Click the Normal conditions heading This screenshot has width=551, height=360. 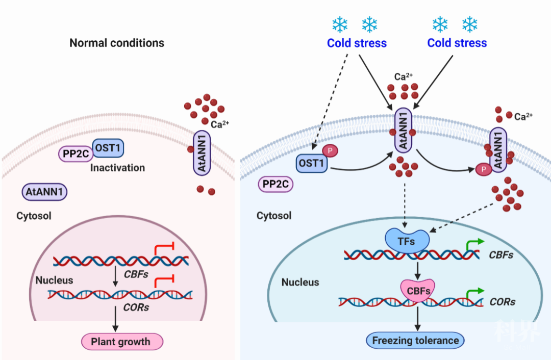coord(117,43)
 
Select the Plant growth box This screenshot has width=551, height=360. coord(120,342)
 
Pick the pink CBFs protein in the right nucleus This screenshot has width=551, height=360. coord(418,291)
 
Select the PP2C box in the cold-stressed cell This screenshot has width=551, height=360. coord(276,184)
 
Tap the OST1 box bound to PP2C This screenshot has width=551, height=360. coord(108,148)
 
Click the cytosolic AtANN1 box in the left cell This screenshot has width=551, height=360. coord(45,192)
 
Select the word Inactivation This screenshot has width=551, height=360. coord(117,168)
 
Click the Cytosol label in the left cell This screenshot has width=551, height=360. coord(34,216)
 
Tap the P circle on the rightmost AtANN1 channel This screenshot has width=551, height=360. coord(481,169)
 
